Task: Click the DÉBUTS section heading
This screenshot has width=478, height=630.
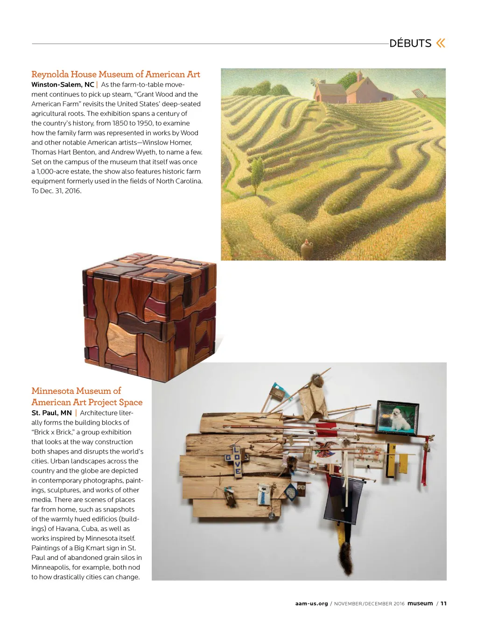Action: tap(410, 43)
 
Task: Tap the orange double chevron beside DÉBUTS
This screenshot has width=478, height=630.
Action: tap(441, 43)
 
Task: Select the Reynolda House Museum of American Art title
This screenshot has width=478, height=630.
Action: tap(116, 74)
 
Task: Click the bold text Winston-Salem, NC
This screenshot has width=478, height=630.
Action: tap(63, 84)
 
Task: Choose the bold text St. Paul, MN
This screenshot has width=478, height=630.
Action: tap(51, 413)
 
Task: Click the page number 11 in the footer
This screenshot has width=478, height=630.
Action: tap(443, 603)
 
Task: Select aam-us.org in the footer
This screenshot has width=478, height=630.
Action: tap(311, 603)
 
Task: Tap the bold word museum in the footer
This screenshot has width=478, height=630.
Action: tap(420, 603)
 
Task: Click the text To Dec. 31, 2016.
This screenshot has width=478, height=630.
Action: tap(56, 191)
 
